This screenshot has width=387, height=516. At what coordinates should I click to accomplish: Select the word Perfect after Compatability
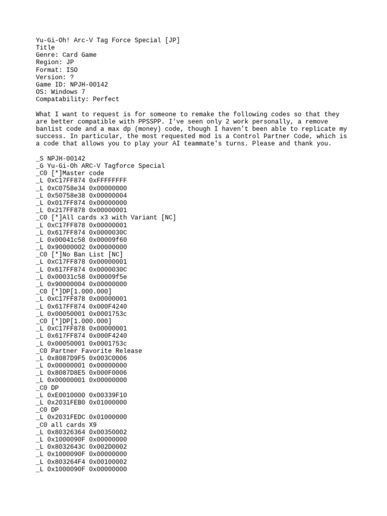click(x=106, y=99)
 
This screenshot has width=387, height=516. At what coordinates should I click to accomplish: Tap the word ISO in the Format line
click(x=72, y=70)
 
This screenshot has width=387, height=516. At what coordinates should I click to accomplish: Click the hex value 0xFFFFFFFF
click(x=108, y=180)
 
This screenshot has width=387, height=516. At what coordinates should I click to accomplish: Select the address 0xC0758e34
click(x=66, y=188)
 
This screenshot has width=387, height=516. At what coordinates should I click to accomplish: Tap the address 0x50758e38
click(x=66, y=195)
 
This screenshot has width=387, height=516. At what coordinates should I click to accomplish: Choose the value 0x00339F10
click(x=108, y=395)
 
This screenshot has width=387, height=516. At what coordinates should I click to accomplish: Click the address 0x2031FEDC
click(x=66, y=417)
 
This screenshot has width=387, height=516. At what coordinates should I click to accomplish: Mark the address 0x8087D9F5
click(x=66, y=358)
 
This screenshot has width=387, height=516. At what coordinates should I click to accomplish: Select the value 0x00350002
click(x=108, y=432)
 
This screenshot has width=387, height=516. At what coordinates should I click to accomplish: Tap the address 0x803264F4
click(x=66, y=462)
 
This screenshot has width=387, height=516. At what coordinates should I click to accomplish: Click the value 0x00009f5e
click(x=108, y=277)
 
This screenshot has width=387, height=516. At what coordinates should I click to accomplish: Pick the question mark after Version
click(x=72, y=77)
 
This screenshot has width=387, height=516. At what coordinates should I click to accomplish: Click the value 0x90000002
click(x=66, y=247)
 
